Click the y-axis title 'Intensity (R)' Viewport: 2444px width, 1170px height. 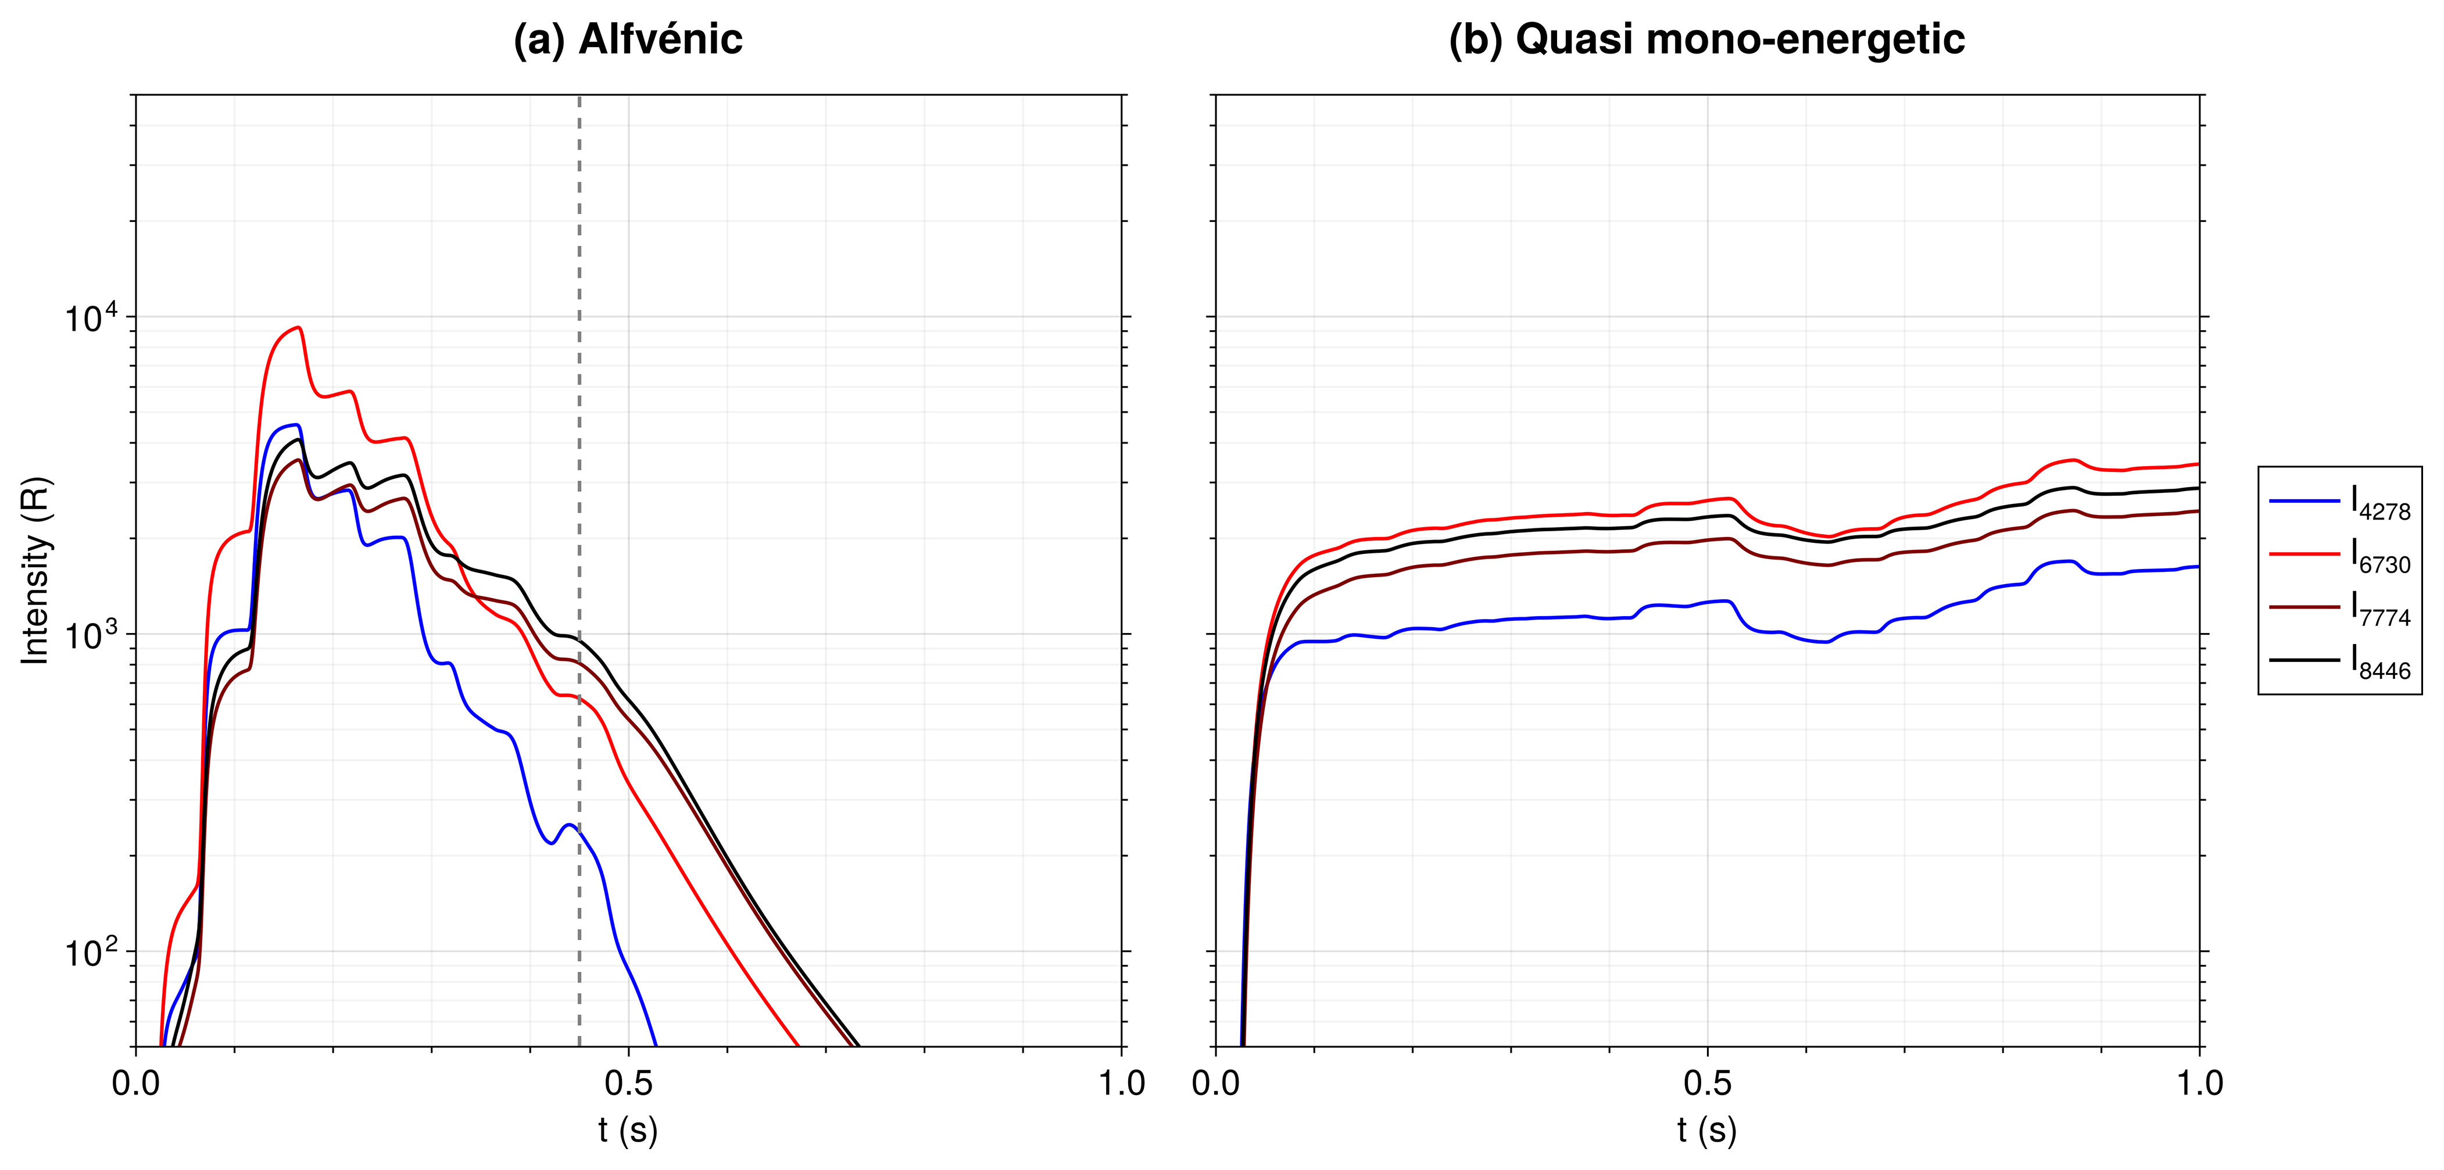pyautogui.click(x=36, y=570)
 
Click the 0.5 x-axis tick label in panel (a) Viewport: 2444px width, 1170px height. pyautogui.click(x=628, y=1083)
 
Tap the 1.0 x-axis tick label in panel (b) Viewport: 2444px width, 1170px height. pyautogui.click(x=2199, y=1083)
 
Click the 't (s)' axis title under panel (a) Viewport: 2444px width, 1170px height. pyautogui.click(x=628, y=1130)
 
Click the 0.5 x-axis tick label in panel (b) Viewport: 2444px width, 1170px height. pyautogui.click(x=1707, y=1083)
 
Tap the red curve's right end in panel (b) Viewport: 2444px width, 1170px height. pyautogui.click(x=2198, y=464)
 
